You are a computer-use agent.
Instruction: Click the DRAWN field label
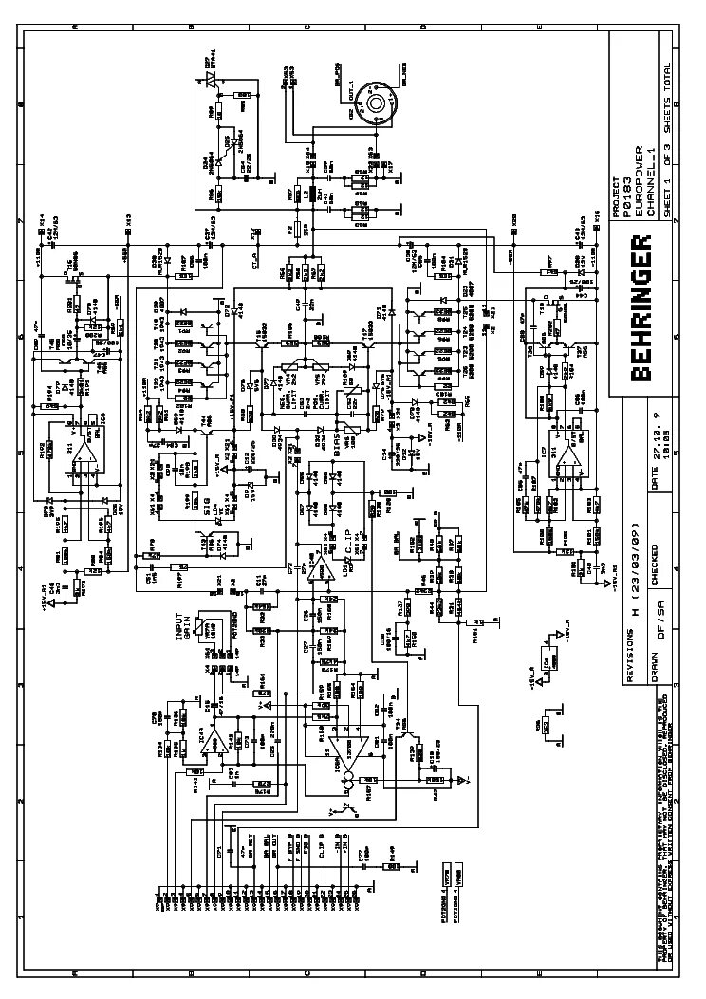pyautogui.click(x=655, y=662)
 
